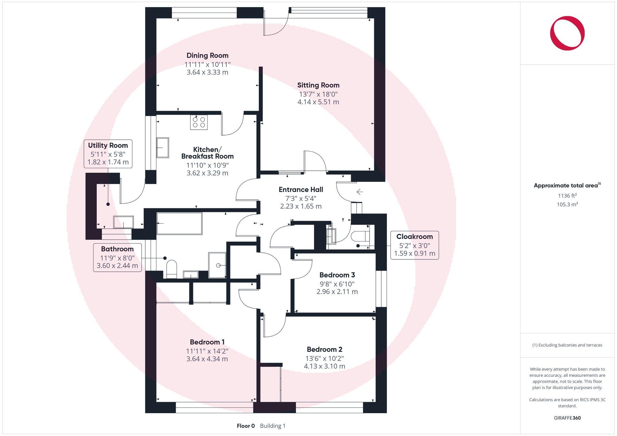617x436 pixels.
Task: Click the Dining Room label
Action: tap(207, 55)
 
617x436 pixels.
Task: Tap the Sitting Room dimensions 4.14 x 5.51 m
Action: tap(318, 102)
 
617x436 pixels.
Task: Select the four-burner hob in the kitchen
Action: tap(199, 122)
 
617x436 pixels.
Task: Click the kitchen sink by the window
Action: tap(162, 148)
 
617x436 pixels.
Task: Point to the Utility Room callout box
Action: tap(108, 154)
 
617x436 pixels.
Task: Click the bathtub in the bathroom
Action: tap(180, 223)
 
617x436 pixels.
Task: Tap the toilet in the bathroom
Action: tap(172, 269)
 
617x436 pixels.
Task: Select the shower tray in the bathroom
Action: tap(217, 265)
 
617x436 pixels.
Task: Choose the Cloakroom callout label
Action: tap(414, 237)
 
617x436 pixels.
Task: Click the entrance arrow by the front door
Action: tap(359, 192)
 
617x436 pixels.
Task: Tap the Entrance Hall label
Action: tap(301, 190)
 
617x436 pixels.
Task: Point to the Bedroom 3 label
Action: tap(337, 275)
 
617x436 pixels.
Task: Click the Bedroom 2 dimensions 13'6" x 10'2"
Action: tap(324, 358)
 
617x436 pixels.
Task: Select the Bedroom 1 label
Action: tap(207, 342)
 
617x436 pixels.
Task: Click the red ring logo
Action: tap(567, 33)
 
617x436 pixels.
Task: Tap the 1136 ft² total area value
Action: tap(567, 196)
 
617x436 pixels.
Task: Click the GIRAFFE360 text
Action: tap(567, 418)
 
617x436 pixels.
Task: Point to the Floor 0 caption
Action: tap(246, 426)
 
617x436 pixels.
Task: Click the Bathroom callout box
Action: tap(117, 257)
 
